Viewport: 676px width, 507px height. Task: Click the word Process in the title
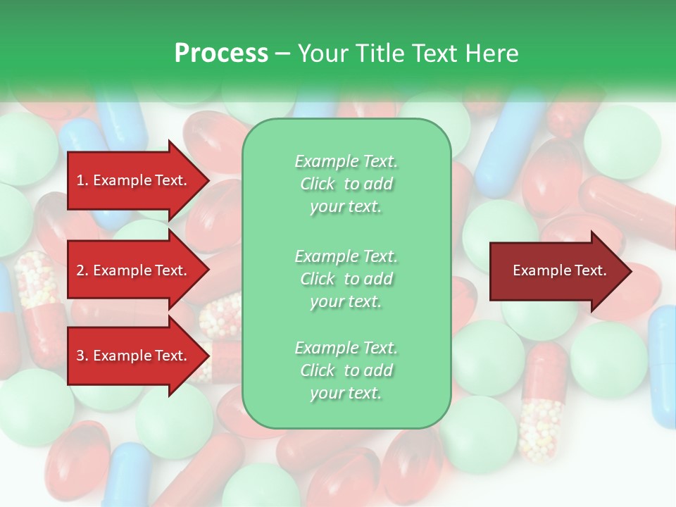point(221,54)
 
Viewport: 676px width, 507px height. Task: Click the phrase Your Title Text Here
point(408,54)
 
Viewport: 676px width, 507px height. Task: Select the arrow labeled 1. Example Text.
point(134,180)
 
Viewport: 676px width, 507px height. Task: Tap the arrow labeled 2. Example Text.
point(134,270)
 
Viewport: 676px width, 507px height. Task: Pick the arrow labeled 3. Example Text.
point(134,356)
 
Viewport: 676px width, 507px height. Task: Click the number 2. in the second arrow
point(82,270)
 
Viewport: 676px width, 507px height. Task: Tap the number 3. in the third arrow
point(82,356)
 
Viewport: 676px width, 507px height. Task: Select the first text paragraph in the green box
point(346,184)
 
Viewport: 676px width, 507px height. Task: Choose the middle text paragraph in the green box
point(346,279)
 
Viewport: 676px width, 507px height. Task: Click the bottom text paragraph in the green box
point(346,370)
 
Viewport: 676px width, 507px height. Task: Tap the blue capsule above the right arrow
point(511,148)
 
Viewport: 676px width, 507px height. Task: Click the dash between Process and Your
point(282,54)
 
